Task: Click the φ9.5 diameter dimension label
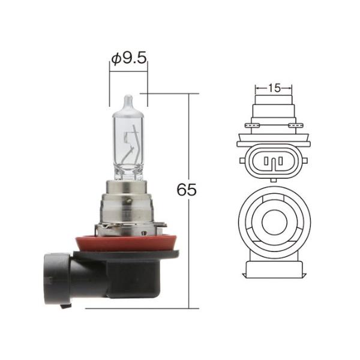click(x=129, y=59)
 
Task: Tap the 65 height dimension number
click(x=187, y=190)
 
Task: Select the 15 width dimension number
click(x=274, y=88)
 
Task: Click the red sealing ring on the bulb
click(x=127, y=244)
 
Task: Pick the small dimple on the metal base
click(x=128, y=202)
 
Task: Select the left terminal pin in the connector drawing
click(x=266, y=161)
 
